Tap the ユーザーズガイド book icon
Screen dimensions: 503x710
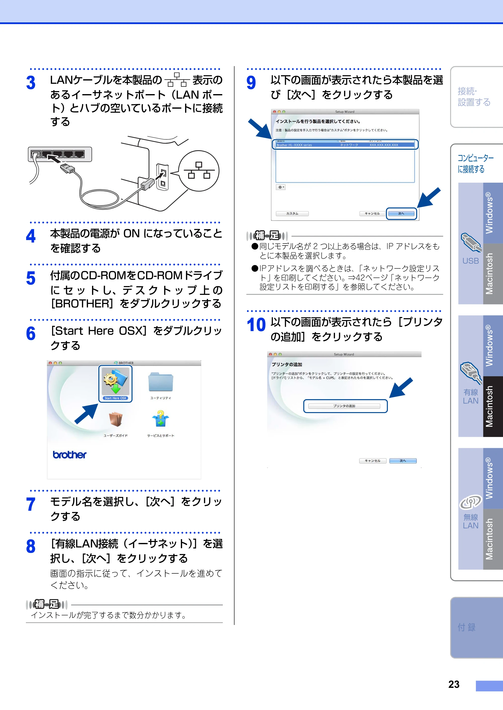pos(115,419)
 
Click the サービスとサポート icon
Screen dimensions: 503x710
pos(160,418)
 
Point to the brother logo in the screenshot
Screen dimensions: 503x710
pos(69,454)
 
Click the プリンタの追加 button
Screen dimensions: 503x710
pos(344,406)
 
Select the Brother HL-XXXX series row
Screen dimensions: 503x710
pos(345,145)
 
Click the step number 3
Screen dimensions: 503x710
pos(31,83)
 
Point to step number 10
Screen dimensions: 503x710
pos(256,325)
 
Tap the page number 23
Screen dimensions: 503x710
pos(454,684)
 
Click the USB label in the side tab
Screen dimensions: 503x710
pos(471,261)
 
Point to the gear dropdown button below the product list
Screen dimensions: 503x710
pos(281,187)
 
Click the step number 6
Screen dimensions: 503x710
pos(31,334)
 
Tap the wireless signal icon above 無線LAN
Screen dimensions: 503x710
pos(471,502)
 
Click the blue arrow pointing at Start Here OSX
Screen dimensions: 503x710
pos(87,414)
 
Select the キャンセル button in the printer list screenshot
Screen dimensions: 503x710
pos(372,213)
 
